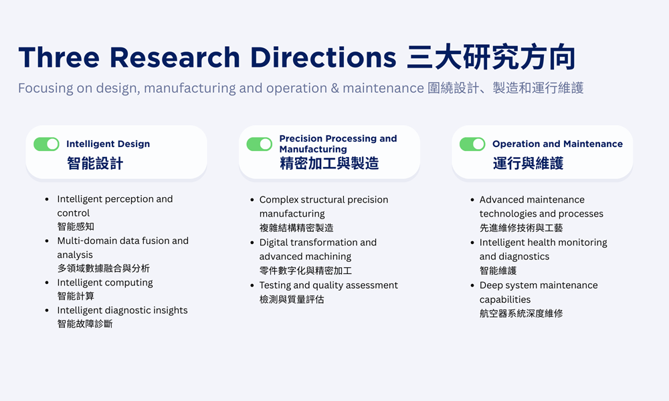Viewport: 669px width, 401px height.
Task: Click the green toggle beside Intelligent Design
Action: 47,144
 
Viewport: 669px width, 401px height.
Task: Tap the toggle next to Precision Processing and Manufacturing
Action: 260,144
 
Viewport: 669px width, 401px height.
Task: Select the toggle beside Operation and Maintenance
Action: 472,144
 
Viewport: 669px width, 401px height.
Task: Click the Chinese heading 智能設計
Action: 95,164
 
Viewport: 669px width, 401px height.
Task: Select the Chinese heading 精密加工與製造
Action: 329,164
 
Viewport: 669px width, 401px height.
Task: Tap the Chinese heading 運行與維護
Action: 528,164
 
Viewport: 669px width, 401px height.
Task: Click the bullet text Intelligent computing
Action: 105,283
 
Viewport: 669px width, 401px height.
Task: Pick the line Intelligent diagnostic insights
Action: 122,310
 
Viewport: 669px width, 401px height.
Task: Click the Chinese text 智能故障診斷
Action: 85,324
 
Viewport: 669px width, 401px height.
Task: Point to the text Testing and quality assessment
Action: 328,285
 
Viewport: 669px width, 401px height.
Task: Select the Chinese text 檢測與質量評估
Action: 292,299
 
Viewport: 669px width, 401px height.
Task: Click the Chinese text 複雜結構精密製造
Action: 296,228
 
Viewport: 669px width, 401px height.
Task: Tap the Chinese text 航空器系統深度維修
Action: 521,313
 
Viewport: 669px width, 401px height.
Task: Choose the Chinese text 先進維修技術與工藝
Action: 521,228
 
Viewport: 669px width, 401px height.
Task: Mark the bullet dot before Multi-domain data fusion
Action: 47,241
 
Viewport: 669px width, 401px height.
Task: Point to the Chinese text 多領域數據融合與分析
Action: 104,269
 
